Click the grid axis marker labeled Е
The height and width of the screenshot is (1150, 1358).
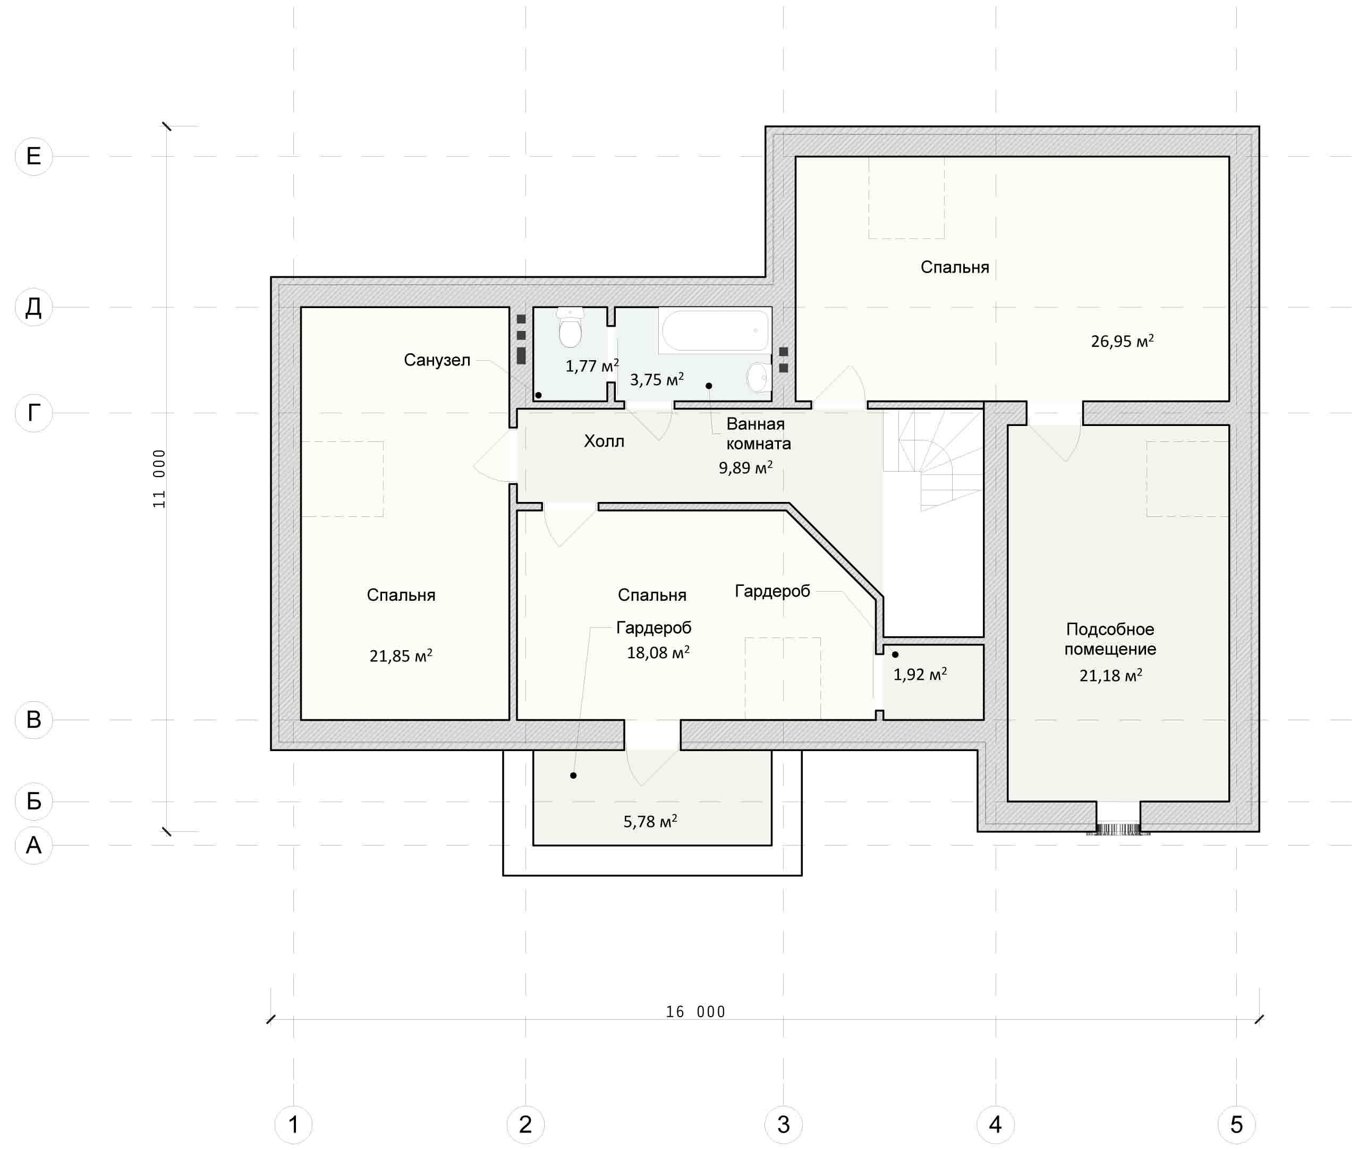click(33, 156)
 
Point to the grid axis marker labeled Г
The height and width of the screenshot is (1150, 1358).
click(33, 413)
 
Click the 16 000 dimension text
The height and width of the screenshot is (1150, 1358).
click(695, 1012)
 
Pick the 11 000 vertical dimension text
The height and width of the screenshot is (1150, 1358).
click(159, 479)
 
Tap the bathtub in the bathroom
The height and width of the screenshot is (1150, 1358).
click(715, 330)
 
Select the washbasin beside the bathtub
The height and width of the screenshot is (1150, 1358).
click(759, 377)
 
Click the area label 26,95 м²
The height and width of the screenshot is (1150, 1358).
click(1122, 340)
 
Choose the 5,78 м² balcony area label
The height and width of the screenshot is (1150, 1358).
click(650, 821)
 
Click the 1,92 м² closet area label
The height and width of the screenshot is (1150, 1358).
click(919, 674)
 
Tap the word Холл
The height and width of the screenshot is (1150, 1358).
click(604, 441)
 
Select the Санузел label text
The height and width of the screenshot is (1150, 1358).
click(437, 360)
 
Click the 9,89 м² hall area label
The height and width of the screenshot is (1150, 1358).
click(745, 467)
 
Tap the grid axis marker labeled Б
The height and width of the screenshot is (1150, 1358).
click(33, 801)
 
